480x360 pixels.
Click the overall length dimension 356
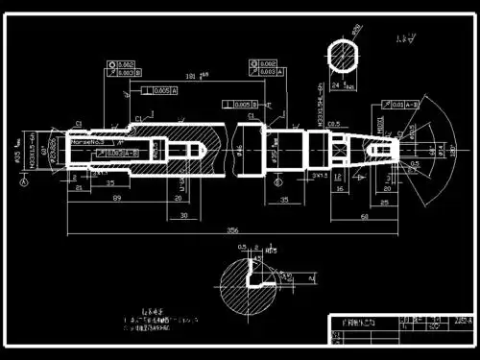(232, 230)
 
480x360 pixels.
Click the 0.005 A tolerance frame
(156, 91)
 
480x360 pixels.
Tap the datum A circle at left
(24, 184)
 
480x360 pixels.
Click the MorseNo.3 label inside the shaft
(88, 142)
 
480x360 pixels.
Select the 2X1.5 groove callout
(322, 178)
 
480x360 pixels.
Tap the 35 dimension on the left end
(111, 181)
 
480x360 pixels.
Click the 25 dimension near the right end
(384, 203)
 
